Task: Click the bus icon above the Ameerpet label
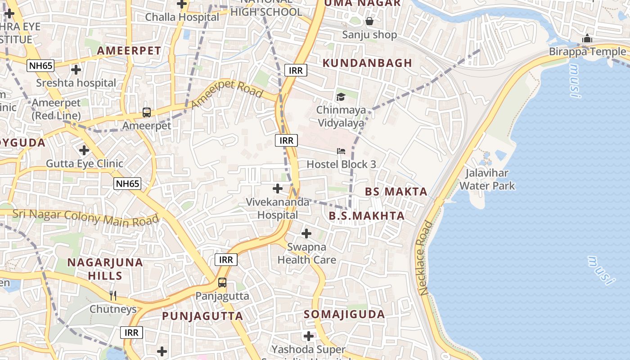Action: coord(147,112)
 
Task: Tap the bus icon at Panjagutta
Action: coord(222,283)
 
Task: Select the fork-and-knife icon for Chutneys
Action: coord(113,295)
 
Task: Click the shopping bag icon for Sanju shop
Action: coord(369,21)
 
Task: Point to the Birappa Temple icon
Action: coord(587,38)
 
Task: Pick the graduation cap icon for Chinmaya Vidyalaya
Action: coord(341,97)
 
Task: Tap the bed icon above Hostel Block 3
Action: coord(341,151)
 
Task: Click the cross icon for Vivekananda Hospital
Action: coord(278,188)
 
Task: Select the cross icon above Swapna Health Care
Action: coord(306,234)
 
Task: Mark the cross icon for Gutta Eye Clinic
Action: coord(84,150)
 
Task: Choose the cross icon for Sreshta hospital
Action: coord(76,70)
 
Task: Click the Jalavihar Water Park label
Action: coord(487,179)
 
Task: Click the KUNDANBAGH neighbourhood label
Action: coord(367,63)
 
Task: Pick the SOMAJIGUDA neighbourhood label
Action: coord(344,314)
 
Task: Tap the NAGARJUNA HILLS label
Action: coord(105,269)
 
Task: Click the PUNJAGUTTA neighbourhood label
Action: coord(202,316)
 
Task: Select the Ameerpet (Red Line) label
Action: coord(56,109)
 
